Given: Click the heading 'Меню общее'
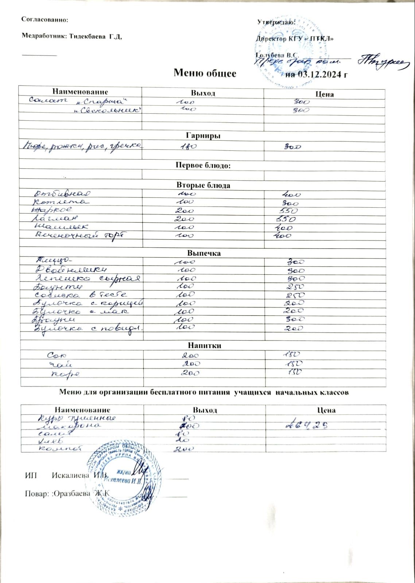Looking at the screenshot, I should (205, 73).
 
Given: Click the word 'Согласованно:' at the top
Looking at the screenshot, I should (45, 20).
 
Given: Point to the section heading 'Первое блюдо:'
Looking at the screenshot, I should (203, 165).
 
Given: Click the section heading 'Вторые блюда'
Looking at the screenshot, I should (203, 185).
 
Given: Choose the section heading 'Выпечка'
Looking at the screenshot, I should (204, 253).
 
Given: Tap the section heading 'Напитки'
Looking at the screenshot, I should (205, 345).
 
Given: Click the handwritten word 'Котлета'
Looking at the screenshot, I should (61, 201).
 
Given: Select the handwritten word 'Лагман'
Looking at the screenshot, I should (55, 219).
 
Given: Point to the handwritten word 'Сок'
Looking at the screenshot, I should (57, 355).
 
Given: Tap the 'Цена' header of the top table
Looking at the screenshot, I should (325, 94).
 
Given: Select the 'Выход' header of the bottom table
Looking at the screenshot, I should (205, 410).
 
